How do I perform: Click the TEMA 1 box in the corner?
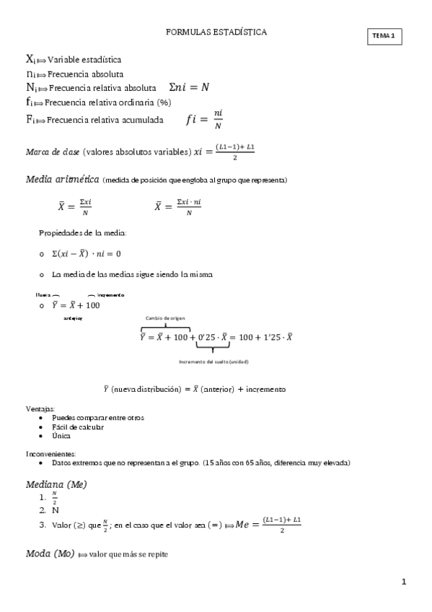point(384,36)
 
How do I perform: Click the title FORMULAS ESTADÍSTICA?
point(216,32)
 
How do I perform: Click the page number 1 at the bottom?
point(405,581)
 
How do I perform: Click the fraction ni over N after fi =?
point(218,121)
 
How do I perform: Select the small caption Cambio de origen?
point(165,317)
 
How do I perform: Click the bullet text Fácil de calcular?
point(77,427)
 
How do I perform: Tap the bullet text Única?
point(61,436)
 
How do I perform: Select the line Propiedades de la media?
point(83,233)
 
